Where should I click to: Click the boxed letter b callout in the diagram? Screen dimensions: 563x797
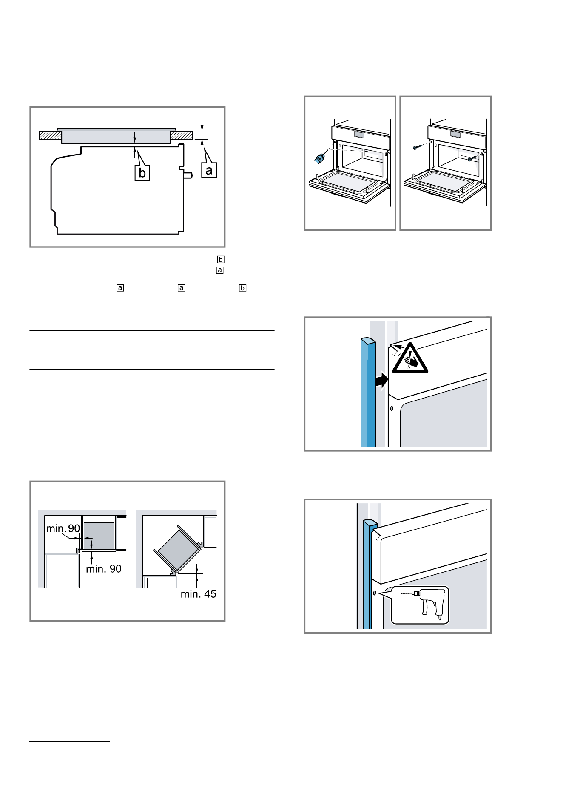142,173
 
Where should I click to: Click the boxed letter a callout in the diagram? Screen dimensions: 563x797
209,170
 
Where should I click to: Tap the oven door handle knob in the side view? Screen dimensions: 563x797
188,175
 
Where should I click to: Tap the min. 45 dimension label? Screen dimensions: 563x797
198,593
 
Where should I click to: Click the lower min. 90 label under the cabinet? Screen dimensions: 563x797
104,569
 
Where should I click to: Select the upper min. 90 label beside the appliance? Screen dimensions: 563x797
63,528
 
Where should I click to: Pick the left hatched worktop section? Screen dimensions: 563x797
50,135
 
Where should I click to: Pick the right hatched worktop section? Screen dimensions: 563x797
182,135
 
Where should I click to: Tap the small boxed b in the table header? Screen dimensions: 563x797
242,288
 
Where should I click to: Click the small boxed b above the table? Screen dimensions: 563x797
220,259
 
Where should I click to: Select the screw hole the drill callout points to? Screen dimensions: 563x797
374,593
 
